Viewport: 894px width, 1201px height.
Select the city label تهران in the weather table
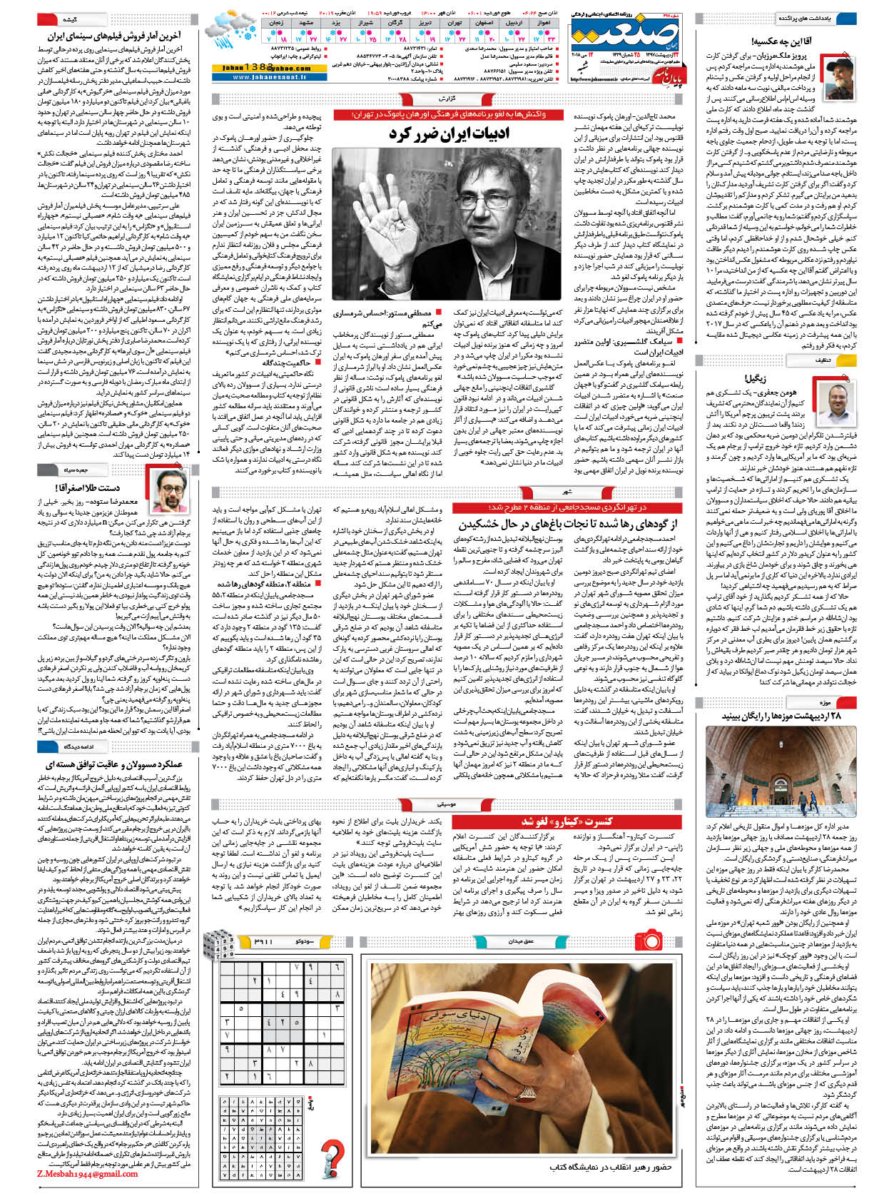click(452, 24)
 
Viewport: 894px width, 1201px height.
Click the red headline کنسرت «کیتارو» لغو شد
click(567, 821)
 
